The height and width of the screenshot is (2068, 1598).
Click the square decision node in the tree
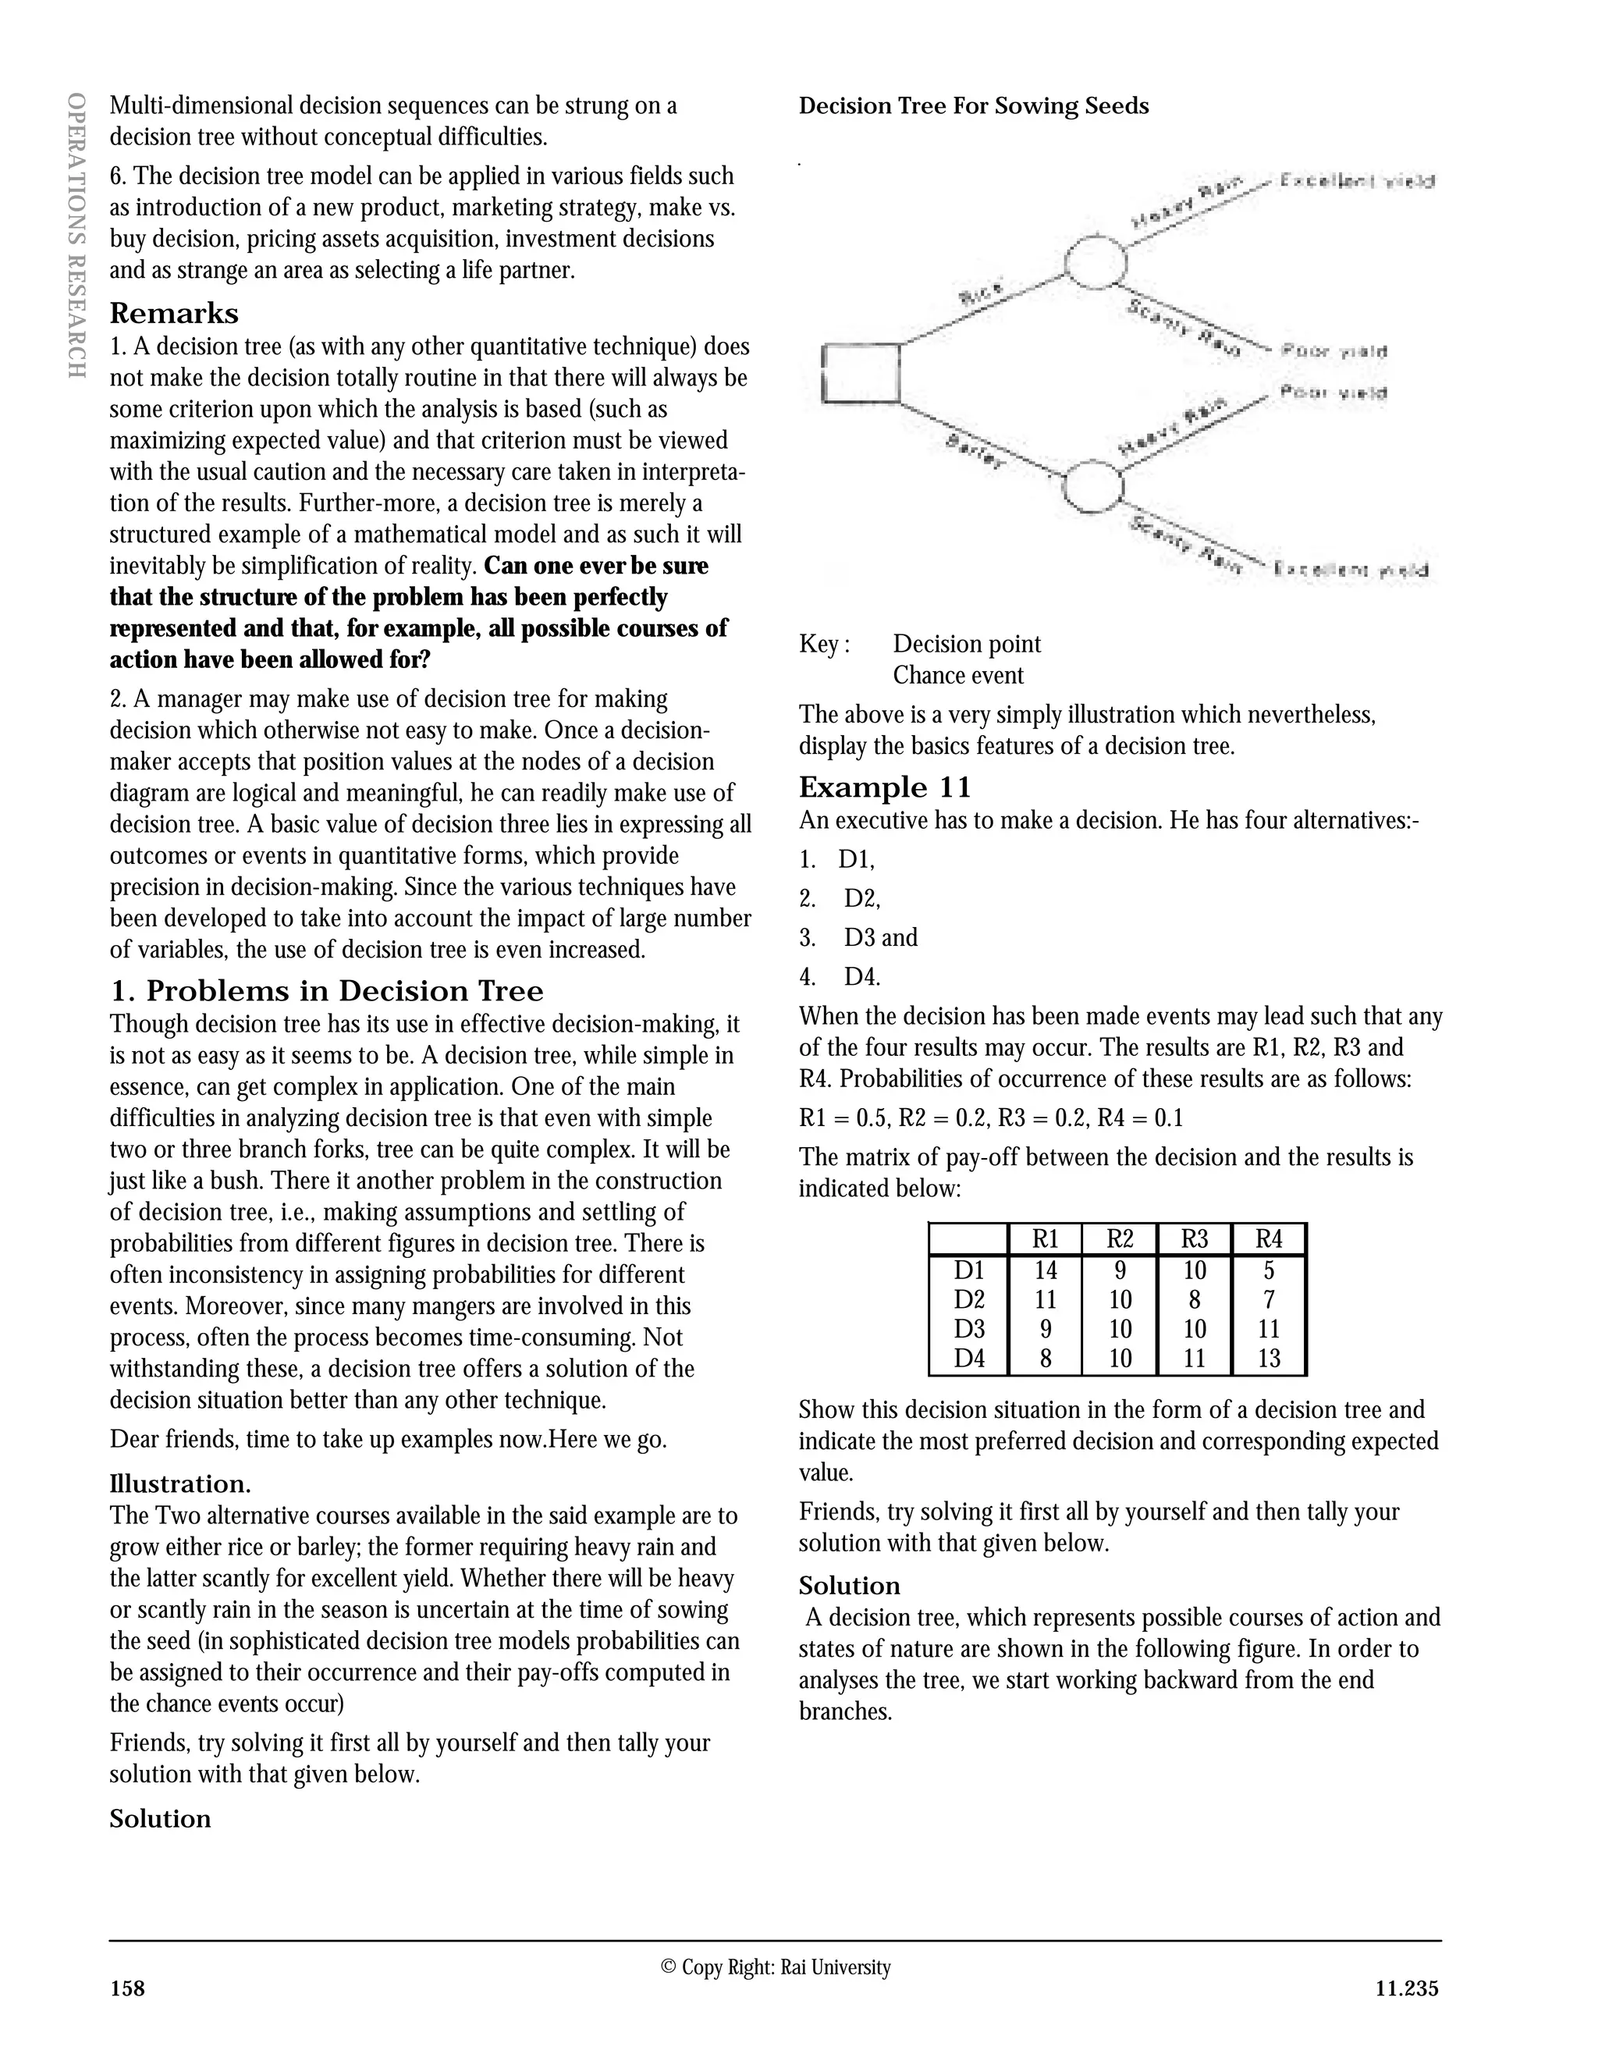click(x=860, y=373)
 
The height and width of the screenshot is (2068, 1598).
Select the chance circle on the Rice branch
click(x=1096, y=261)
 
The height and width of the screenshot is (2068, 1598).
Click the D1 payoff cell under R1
click(x=1045, y=1270)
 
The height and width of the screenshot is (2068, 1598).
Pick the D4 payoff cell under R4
click(x=1269, y=1359)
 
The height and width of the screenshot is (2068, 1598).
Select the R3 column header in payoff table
click(x=1195, y=1239)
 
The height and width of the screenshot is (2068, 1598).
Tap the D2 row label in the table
click(x=969, y=1299)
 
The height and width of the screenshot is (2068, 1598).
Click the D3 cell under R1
click(x=1045, y=1330)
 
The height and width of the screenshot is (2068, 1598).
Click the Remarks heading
click(x=174, y=314)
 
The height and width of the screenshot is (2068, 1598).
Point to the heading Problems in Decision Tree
click(x=327, y=991)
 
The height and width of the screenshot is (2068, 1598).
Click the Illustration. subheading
click(x=180, y=1483)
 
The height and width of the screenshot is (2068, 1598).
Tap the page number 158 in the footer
click(x=128, y=1988)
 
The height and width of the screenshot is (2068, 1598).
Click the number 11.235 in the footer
click(x=1407, y=1988)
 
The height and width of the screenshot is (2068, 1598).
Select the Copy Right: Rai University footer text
click(x=776, y=1967)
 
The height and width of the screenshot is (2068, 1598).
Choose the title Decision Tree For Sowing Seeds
click(x=973, y=106)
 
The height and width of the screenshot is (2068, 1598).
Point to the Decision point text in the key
click(x=967, y=644)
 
